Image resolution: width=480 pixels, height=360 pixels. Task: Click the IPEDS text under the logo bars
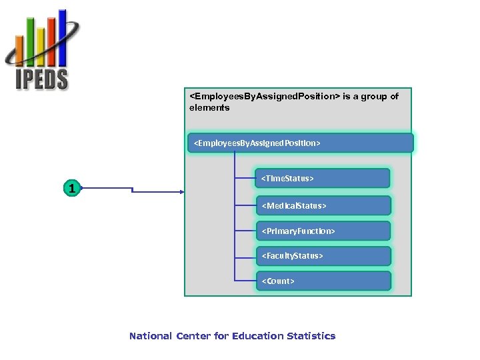pos(42,79)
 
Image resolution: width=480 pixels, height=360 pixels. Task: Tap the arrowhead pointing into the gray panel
pos(181,192)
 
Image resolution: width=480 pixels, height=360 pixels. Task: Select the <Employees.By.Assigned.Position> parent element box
pos(300,143)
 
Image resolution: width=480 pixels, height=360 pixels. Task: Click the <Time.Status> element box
pos(323,179)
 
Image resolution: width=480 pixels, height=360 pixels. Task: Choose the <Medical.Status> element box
pos(323,205)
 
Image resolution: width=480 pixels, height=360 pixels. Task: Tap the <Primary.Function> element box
pos(323,231)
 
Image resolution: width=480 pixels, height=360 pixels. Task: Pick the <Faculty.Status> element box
pos(323,256)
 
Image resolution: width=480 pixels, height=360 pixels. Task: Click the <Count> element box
pos(323,281)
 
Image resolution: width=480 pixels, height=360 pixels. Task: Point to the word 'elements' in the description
pos(209,107)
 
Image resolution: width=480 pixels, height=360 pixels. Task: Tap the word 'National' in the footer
pos(151,336)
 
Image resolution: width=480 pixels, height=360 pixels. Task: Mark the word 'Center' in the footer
pos(193,336)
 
